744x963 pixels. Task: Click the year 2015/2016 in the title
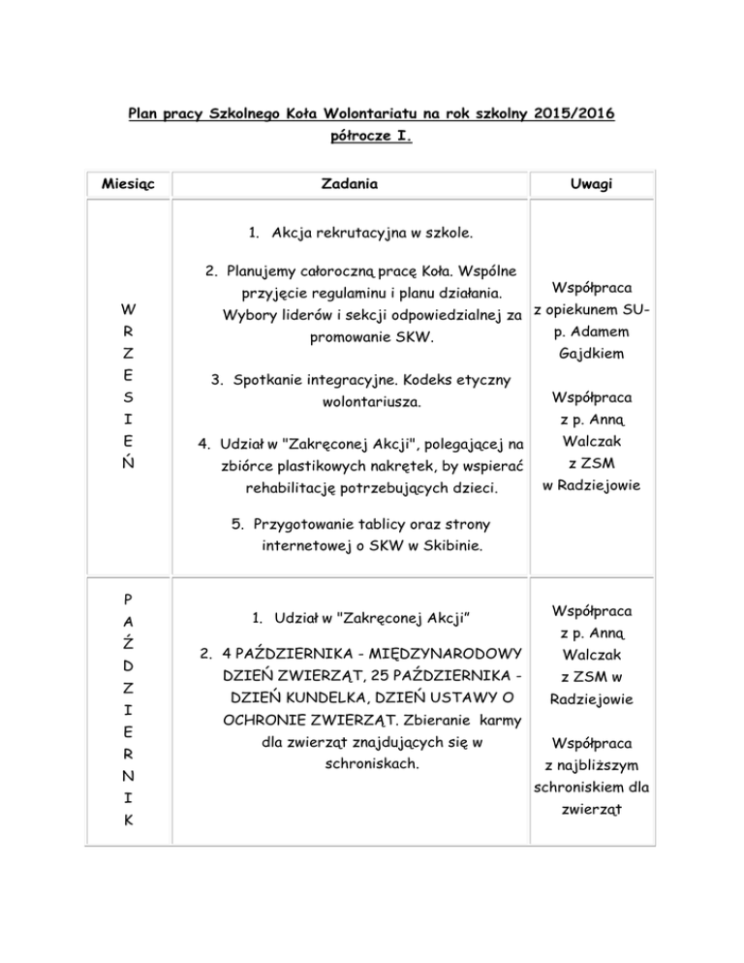pos(571,114)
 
